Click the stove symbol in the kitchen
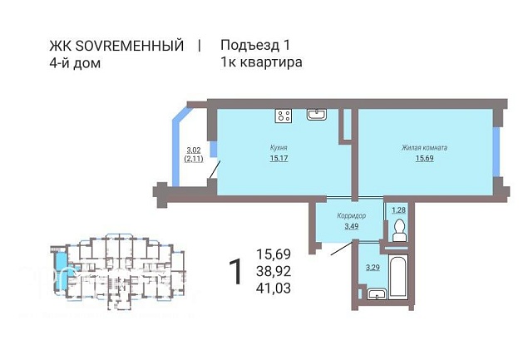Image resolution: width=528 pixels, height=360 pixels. pyautogui.click(x=284, y=116)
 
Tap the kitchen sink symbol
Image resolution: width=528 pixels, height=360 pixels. pyautogui.click(x=316, y=114)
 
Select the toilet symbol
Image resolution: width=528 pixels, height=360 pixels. pyautogui.click(x=400, y=230)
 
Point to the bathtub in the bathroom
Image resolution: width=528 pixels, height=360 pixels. pyautogui.click(x=398, y=277)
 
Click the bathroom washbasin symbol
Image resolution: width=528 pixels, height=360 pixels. pyautogui.click(x=377, y=294)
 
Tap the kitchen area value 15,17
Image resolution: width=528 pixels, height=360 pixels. pyautogui.click(x=279, y=158)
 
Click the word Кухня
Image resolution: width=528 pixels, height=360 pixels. pyautogui.click(x=279, y=147)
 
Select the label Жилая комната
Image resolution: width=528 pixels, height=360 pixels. pyautogui.click(x=424, y=147)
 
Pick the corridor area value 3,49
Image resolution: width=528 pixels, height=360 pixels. pyautogui.click(x=351, y=226)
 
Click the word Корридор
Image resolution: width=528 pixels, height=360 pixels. pyautogui.click(x=351, y=215)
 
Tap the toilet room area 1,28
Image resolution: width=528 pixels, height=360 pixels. pyautogui.click(x=398, y=210)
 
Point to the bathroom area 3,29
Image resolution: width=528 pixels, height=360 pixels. pyautogui.click(x=373, y=268)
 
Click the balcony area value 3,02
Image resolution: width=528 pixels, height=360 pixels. pyautogui.click(x=194, y=150)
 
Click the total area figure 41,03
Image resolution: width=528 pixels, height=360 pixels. pyautogui.click(x=274, y=288)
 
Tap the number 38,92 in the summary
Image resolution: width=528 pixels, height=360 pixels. pyautogui.click(x=274, y=271)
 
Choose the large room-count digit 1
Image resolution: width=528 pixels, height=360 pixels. pyautogui.click(x=236, y=272)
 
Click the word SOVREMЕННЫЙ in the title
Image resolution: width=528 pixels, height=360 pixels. pyautogui.click(x=130, y=46)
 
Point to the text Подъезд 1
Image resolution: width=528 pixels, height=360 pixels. pyautogui.click(x=255, y=45)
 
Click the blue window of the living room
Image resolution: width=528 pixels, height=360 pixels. pyautogui.click(x=496, y=151)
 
